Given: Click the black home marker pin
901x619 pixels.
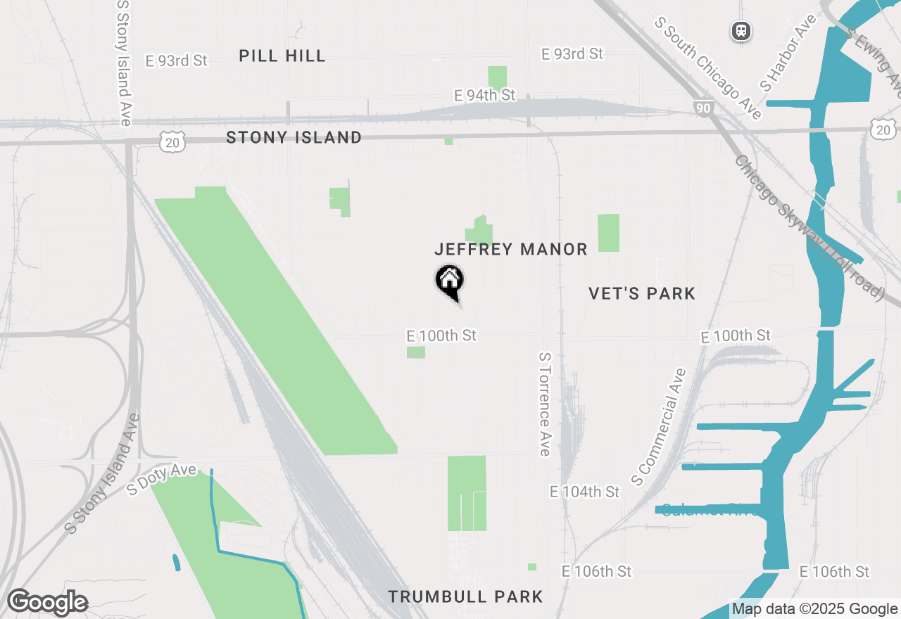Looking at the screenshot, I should pyautogui.click(x=449, y=281).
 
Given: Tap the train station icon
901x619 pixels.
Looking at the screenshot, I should pyautogui.click(x=741, y=31).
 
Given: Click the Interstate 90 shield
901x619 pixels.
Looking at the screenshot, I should pyautogui.click(x=702, y=108).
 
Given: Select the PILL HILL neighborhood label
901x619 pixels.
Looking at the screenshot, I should pyautogui.click(x=282, y=56).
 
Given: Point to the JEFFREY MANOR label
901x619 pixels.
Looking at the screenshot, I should pyautogui.click(x=511, y=249).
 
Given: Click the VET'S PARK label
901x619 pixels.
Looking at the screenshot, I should pyautogui.click(x=642, y=293).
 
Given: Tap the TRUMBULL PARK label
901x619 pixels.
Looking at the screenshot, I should pyautogui.click(x=465, y=597).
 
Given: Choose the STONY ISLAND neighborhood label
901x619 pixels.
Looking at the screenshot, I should pyautogui.click(x=294, y=138).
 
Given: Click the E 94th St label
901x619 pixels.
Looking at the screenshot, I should pyautogui.click(x=485, y=95).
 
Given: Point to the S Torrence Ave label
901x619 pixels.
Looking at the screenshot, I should pyautogui.click(x=544, y=404).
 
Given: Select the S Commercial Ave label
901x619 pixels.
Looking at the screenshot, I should pyautogui.click(x=659, y=427).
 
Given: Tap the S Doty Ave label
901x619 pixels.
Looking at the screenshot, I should pyautogui.click(x=161, y=480).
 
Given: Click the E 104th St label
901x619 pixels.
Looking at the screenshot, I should pyautogui.click(x=585, y=492).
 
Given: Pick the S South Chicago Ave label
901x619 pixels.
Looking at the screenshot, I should pyautogui.click(x=708, y=68).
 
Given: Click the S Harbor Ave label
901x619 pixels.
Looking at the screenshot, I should pyautogui.click(x=787, y=53).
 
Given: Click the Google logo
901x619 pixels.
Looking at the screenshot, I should pyautogui.click(x=47, y=603).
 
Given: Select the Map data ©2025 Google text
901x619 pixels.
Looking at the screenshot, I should pyautogui.click(x=814, y=609).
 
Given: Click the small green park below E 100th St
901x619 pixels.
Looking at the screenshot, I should pyautogui.click(x=416, y=352).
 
